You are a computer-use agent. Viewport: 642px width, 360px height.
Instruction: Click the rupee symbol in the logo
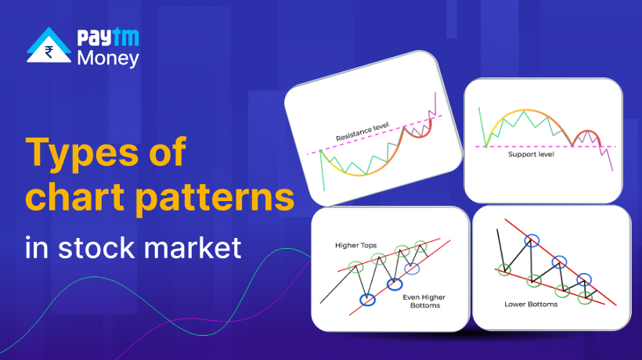point(49,52)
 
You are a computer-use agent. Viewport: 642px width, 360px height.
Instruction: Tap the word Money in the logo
point(108,59)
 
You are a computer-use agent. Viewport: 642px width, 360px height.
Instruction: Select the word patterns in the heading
point(215,197)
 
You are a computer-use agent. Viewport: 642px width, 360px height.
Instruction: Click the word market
point(193,248)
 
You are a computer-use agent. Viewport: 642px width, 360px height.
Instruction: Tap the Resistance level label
point(362,131)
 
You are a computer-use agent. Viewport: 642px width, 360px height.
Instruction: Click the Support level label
point(531,154)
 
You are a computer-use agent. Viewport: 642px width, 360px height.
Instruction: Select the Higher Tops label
point(355,246)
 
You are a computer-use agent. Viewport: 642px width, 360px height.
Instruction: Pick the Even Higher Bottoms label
point(424,301)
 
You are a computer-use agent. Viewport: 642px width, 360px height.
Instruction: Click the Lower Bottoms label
point(531,304)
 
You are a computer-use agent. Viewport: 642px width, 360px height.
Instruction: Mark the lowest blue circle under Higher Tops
point(367,300)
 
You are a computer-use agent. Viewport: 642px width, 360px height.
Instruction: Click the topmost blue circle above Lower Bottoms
point(532,240)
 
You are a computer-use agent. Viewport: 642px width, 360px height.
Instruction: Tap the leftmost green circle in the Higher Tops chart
point(355,267)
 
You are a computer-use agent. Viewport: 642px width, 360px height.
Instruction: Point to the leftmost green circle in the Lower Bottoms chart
point(504,270)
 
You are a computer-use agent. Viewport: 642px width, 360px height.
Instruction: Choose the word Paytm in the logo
point(108,38)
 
